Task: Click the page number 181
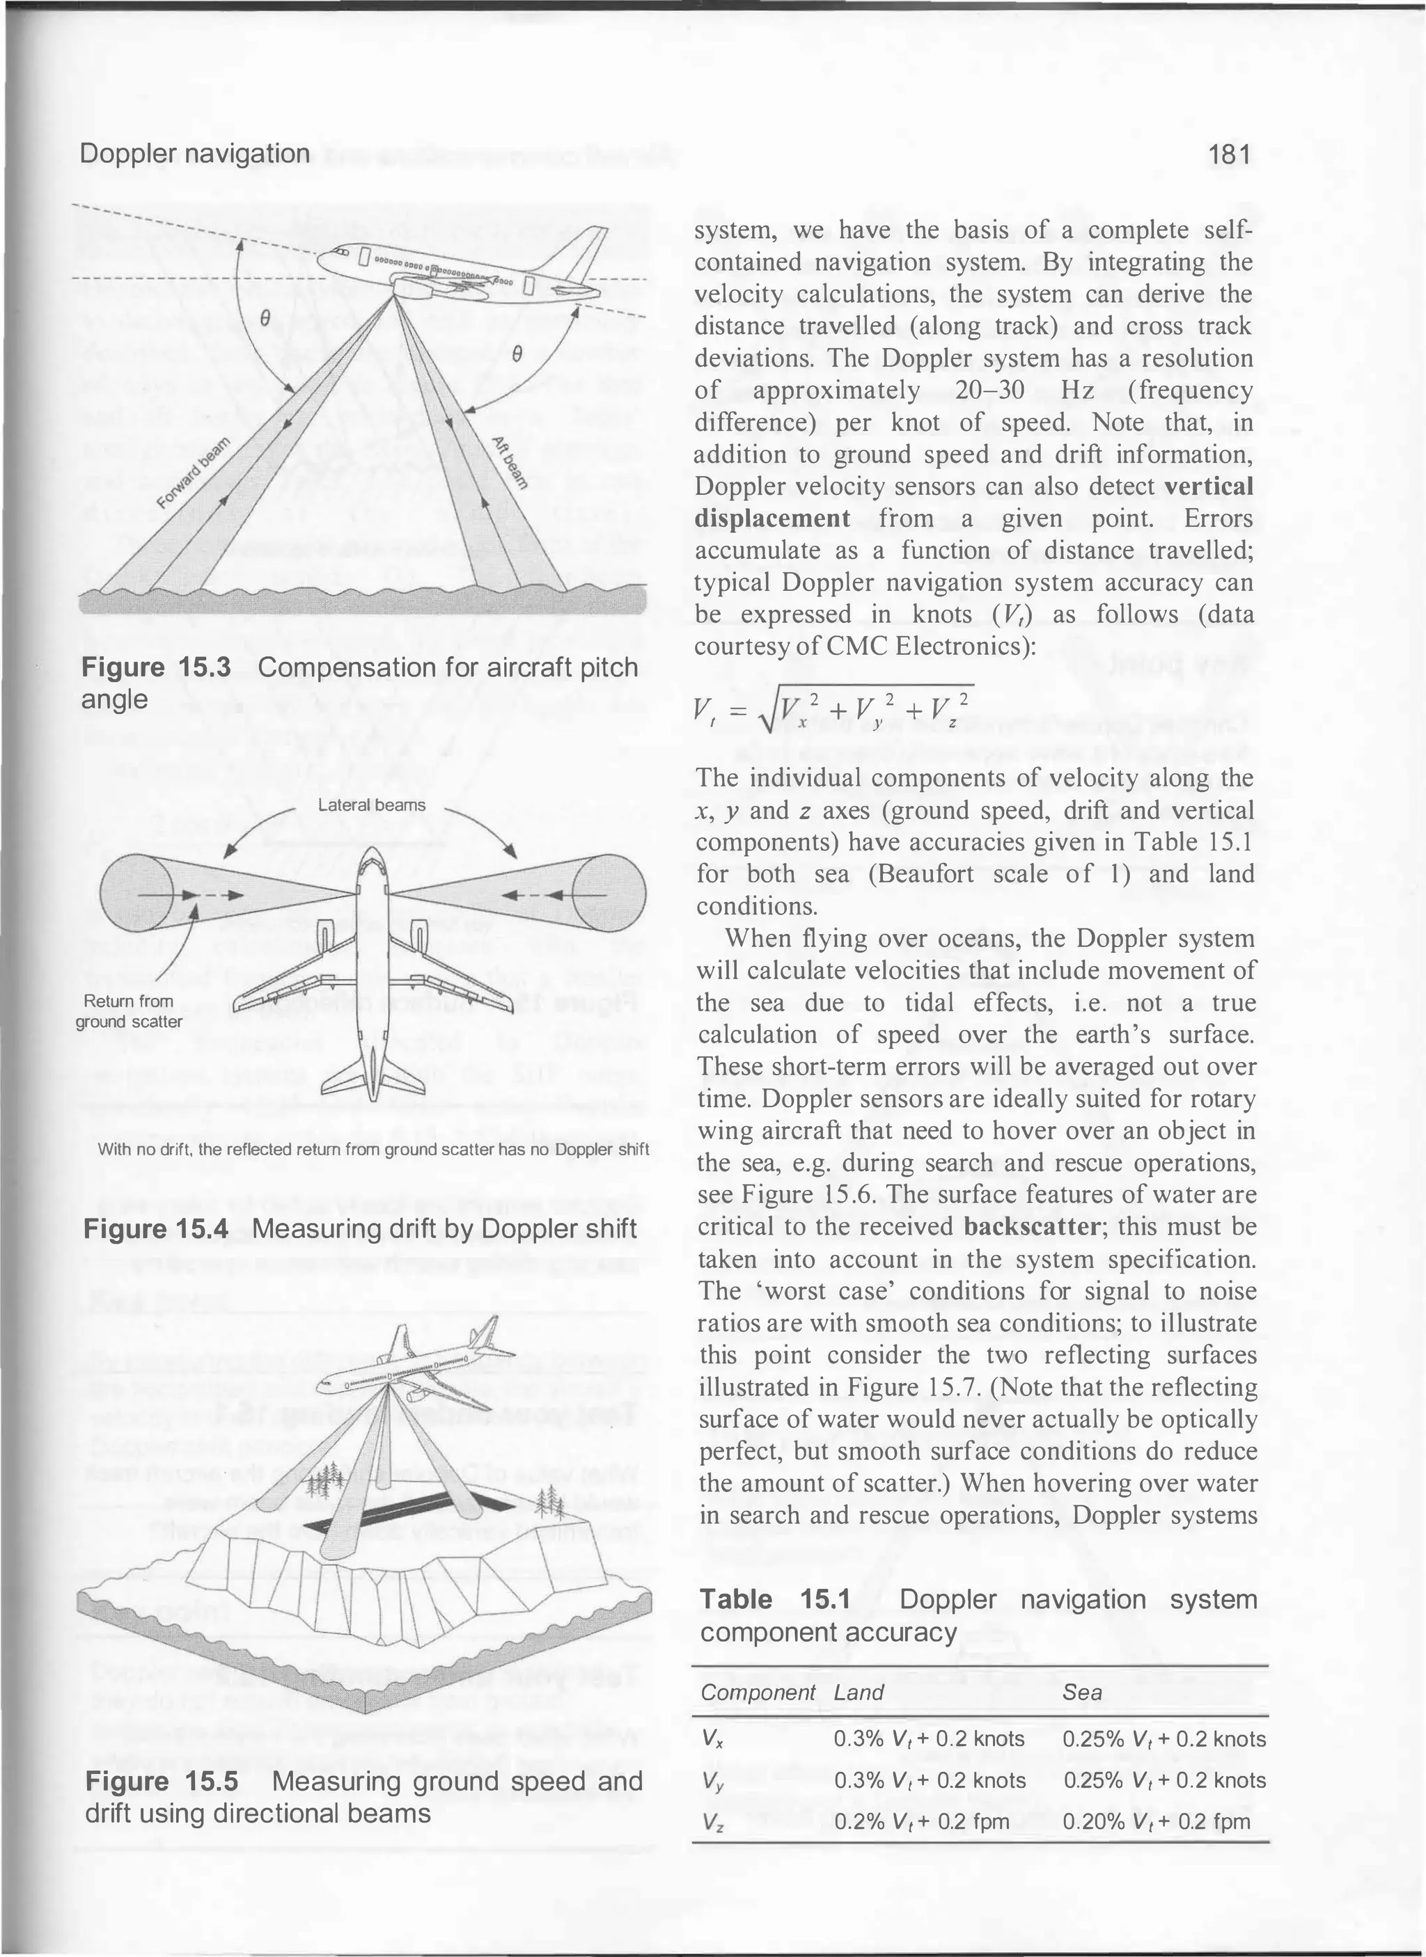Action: point(1229,154)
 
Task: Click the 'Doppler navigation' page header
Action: point(194,154)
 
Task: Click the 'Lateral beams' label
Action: point(371,805)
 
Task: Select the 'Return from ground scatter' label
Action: point(129,1011)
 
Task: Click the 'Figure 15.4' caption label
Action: point(155,1229)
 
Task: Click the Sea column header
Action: point(1081,1692)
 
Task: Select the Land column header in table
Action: point(859,1692)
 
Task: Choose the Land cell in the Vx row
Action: point(929,1738)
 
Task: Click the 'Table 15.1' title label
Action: point(774,1599)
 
